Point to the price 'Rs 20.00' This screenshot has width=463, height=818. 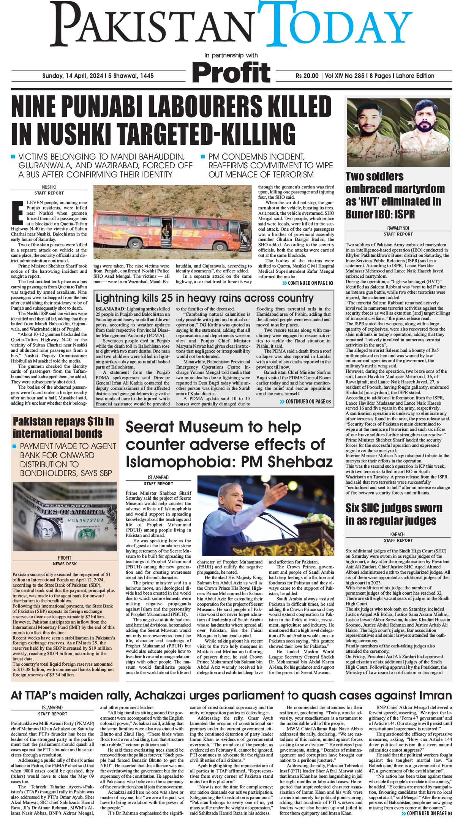click(307, 76)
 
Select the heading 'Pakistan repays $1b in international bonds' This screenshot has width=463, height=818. click(63, 427)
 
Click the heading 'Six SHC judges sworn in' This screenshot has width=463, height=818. click(393, 514)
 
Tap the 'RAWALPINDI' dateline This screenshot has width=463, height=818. click(398, 228)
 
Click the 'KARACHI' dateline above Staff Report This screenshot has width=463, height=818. click(398, 534)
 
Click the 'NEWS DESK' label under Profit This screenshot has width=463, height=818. click(65, 563)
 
